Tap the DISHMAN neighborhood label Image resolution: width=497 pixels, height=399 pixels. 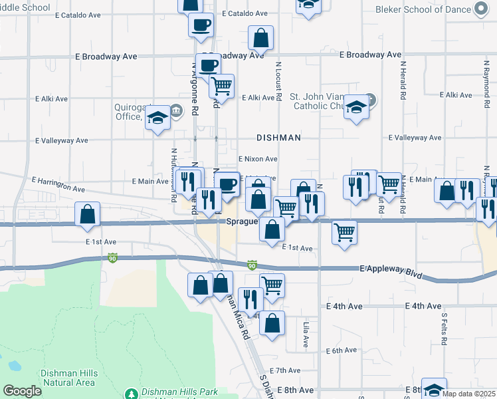click(x=279, y=138)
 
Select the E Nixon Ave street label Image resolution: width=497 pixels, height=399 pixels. click(x=257, y=159)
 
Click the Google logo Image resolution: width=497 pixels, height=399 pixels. click(x=22, y=391)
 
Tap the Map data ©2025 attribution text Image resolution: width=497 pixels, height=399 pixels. click(x=468, y=394)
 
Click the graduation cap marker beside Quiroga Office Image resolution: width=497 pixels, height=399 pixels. click(x=157, y=118)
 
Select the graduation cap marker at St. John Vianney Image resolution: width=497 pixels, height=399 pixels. click(x=357, y=107)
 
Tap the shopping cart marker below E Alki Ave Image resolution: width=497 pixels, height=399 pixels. click(x=221, y=85)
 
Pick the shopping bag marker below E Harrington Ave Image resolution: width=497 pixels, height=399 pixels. click(x=87, y=214)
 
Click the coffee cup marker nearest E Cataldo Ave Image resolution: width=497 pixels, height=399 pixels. click(x=201, y=25)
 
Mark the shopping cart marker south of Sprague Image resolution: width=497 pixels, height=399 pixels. click(x=344, y=233)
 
